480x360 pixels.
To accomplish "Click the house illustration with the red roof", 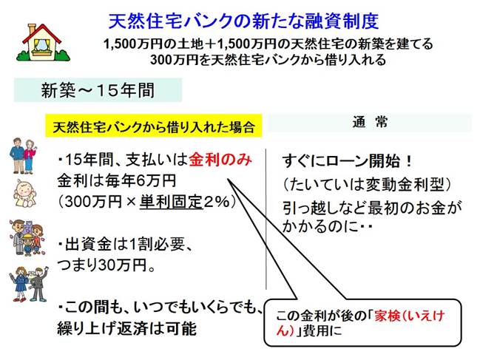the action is (44, 43).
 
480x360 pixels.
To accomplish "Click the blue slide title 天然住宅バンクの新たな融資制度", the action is (243, 21).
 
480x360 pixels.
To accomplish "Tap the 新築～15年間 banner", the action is (98, 90).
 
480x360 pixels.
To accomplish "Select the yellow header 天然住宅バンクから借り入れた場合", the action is (154, 126).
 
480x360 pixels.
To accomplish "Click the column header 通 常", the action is (370, 122).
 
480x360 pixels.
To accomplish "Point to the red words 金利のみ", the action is (220, 160).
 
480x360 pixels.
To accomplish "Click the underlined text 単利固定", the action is (172, 202).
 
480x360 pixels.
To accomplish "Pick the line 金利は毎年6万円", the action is (117, 181).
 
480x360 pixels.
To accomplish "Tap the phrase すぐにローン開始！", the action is (347, 161).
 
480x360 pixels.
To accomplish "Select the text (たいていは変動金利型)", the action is (367, 184).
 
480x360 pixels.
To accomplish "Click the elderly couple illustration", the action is (23, 156).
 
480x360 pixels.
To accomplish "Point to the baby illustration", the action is (24, 194).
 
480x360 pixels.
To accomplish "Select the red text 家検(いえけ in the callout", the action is (409, 316).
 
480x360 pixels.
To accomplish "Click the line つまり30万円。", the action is (107, 265).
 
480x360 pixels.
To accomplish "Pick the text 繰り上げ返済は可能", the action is (126, 328).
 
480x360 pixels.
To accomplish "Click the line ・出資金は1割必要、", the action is (125, 245).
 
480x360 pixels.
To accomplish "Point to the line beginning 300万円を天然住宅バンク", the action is (268, 59).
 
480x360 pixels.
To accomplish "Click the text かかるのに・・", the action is (327, 227).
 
